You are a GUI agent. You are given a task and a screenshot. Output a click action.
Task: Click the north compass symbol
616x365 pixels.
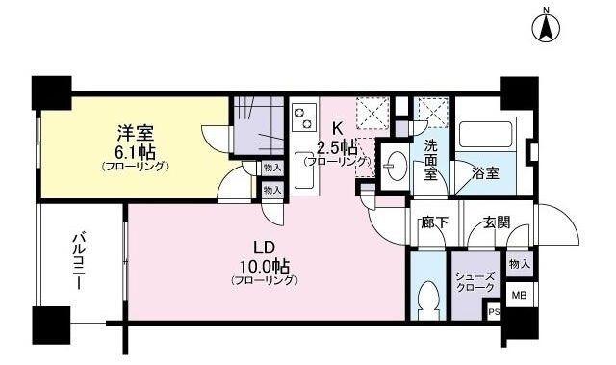click(546, 27)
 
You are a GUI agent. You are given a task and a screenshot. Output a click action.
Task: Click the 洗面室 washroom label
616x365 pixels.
click(428, 161)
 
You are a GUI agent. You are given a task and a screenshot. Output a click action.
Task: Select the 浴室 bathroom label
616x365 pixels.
click(484, 173)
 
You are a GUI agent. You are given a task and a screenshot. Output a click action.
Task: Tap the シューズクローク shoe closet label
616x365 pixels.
click(475, 281)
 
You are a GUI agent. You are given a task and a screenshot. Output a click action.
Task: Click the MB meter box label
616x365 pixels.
click(519, 296)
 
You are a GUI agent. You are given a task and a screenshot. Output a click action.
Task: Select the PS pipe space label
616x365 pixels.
click(495, 312)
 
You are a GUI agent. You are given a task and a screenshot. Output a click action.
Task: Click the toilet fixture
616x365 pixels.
click(429, 302)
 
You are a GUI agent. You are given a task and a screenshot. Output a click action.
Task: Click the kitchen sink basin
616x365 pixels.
click(304, 173)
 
